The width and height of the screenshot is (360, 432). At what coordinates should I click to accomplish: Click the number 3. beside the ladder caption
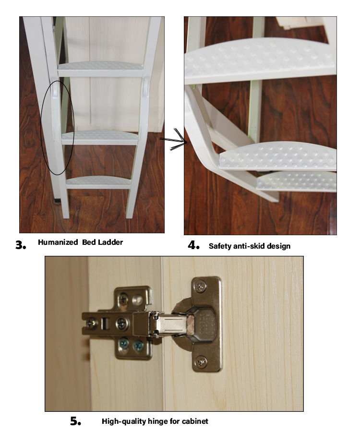point(21,245)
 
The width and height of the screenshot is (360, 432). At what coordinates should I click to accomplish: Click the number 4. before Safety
point(193,245)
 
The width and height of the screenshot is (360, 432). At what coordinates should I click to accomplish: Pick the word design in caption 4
point(279,246)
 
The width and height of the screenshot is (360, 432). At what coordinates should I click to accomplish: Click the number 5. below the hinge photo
point(75,421)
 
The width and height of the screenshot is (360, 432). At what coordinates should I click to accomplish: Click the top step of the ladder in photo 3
point(100,69)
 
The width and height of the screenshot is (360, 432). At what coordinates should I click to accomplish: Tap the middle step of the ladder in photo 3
point(100,137)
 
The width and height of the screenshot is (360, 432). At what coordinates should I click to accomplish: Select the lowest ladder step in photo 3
point(98,182)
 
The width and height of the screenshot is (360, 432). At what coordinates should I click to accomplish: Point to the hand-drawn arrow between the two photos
point(174,140)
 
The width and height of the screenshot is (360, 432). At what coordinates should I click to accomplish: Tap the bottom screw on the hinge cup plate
point(201,361)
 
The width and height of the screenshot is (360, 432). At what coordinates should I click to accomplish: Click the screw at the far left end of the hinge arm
point(91,323)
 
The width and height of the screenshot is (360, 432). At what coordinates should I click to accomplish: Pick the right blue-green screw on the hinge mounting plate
point(138,345)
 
